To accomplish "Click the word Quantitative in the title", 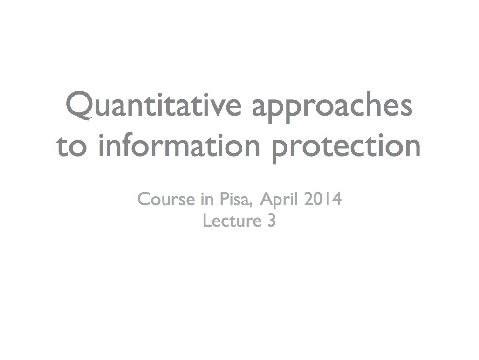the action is point(153,105).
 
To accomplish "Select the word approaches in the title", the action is point(332,107).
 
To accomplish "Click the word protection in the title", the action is point(346,148).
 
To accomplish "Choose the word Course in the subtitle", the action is point(166,199).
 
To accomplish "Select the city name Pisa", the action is point(236,200).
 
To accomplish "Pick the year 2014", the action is point(322,199).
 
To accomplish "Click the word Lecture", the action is point(232,221).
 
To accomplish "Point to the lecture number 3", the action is point(272,221).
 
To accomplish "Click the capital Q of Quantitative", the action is point(79,105).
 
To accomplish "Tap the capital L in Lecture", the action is point(207,221).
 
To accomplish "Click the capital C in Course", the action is point(144,199).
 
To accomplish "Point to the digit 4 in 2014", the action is point(336,199).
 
